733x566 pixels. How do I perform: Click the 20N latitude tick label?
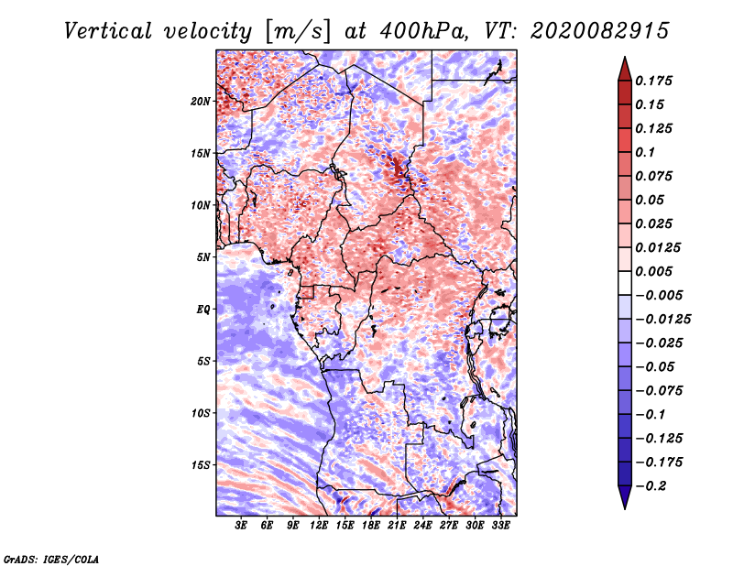pyautogui.click(x=201, y=101)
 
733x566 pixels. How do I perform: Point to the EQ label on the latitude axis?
pyautogui.click(x=203, y=309)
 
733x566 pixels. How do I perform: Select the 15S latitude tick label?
pyautogui.click(x=201, y=465)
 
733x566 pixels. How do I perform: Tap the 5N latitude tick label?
pyautogui.click(x=203, y=257)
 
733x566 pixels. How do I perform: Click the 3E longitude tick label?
pyautogui.click(x=242, y=526)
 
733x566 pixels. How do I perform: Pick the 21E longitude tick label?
pyautogui.click(x=398, y=526)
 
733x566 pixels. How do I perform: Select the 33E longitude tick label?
pyautogui.click(x=501, y=526)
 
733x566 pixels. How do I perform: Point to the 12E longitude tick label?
pyautogui.click(x=320, y=526)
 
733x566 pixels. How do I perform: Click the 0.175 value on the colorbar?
pyautogui.click(x=655, y=81)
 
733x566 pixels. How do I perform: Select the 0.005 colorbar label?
pyautogui.click(x=655, y=272)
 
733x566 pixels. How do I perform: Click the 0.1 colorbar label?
pyautogui.click(x=648, y=152)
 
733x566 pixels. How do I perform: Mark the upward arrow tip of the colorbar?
pyautogui.click(x=623, y=60)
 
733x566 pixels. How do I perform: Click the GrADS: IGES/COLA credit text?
pyautogui.click(x=50, y=558)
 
